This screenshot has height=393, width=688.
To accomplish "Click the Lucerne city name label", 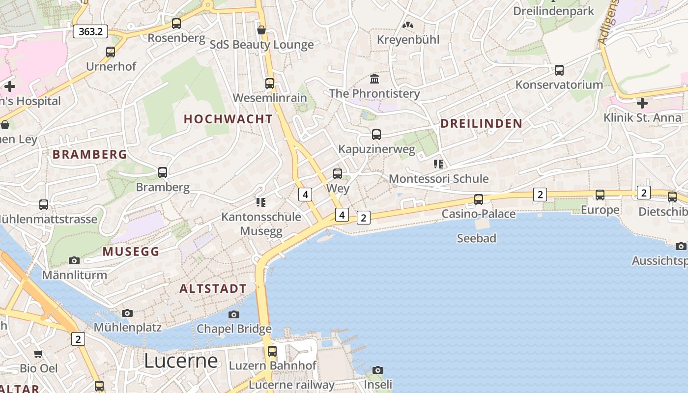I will (x=181, y=361).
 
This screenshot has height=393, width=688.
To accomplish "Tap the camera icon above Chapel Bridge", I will (x=234, y=314).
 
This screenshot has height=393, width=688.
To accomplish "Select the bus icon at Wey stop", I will (x=338, y=173).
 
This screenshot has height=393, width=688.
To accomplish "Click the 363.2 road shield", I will (x=90, y=31).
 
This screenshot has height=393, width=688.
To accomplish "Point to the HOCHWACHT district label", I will (x=228, y=119).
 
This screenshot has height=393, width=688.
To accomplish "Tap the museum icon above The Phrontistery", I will (x=374, y=79).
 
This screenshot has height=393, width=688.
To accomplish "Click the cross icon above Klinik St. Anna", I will (x=642, y=103).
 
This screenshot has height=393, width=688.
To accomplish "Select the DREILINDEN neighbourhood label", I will (x=481, y=123).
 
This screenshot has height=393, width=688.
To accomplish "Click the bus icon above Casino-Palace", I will (x=479, y=199).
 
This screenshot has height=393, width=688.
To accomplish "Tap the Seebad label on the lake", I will (x=476, y=239).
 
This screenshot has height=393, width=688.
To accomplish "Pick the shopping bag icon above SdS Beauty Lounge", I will (x=261, y=30).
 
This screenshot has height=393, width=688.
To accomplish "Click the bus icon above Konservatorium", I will (x=559, y=70).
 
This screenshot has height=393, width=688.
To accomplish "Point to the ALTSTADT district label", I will (x=213, y=289).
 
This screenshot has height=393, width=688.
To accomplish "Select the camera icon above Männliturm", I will (x=74, y=260).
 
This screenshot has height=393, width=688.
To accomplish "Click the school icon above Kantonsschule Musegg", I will (x=260, y=202).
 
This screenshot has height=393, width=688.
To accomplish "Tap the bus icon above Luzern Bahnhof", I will (x=272, y=351).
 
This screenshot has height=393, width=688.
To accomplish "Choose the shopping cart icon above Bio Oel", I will (x=38, y=354).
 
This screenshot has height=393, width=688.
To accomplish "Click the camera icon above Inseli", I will (x=377, y=370).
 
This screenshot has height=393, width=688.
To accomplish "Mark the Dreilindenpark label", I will (x=554, y=11).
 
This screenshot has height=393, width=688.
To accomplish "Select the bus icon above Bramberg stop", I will (x=163, y=172).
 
